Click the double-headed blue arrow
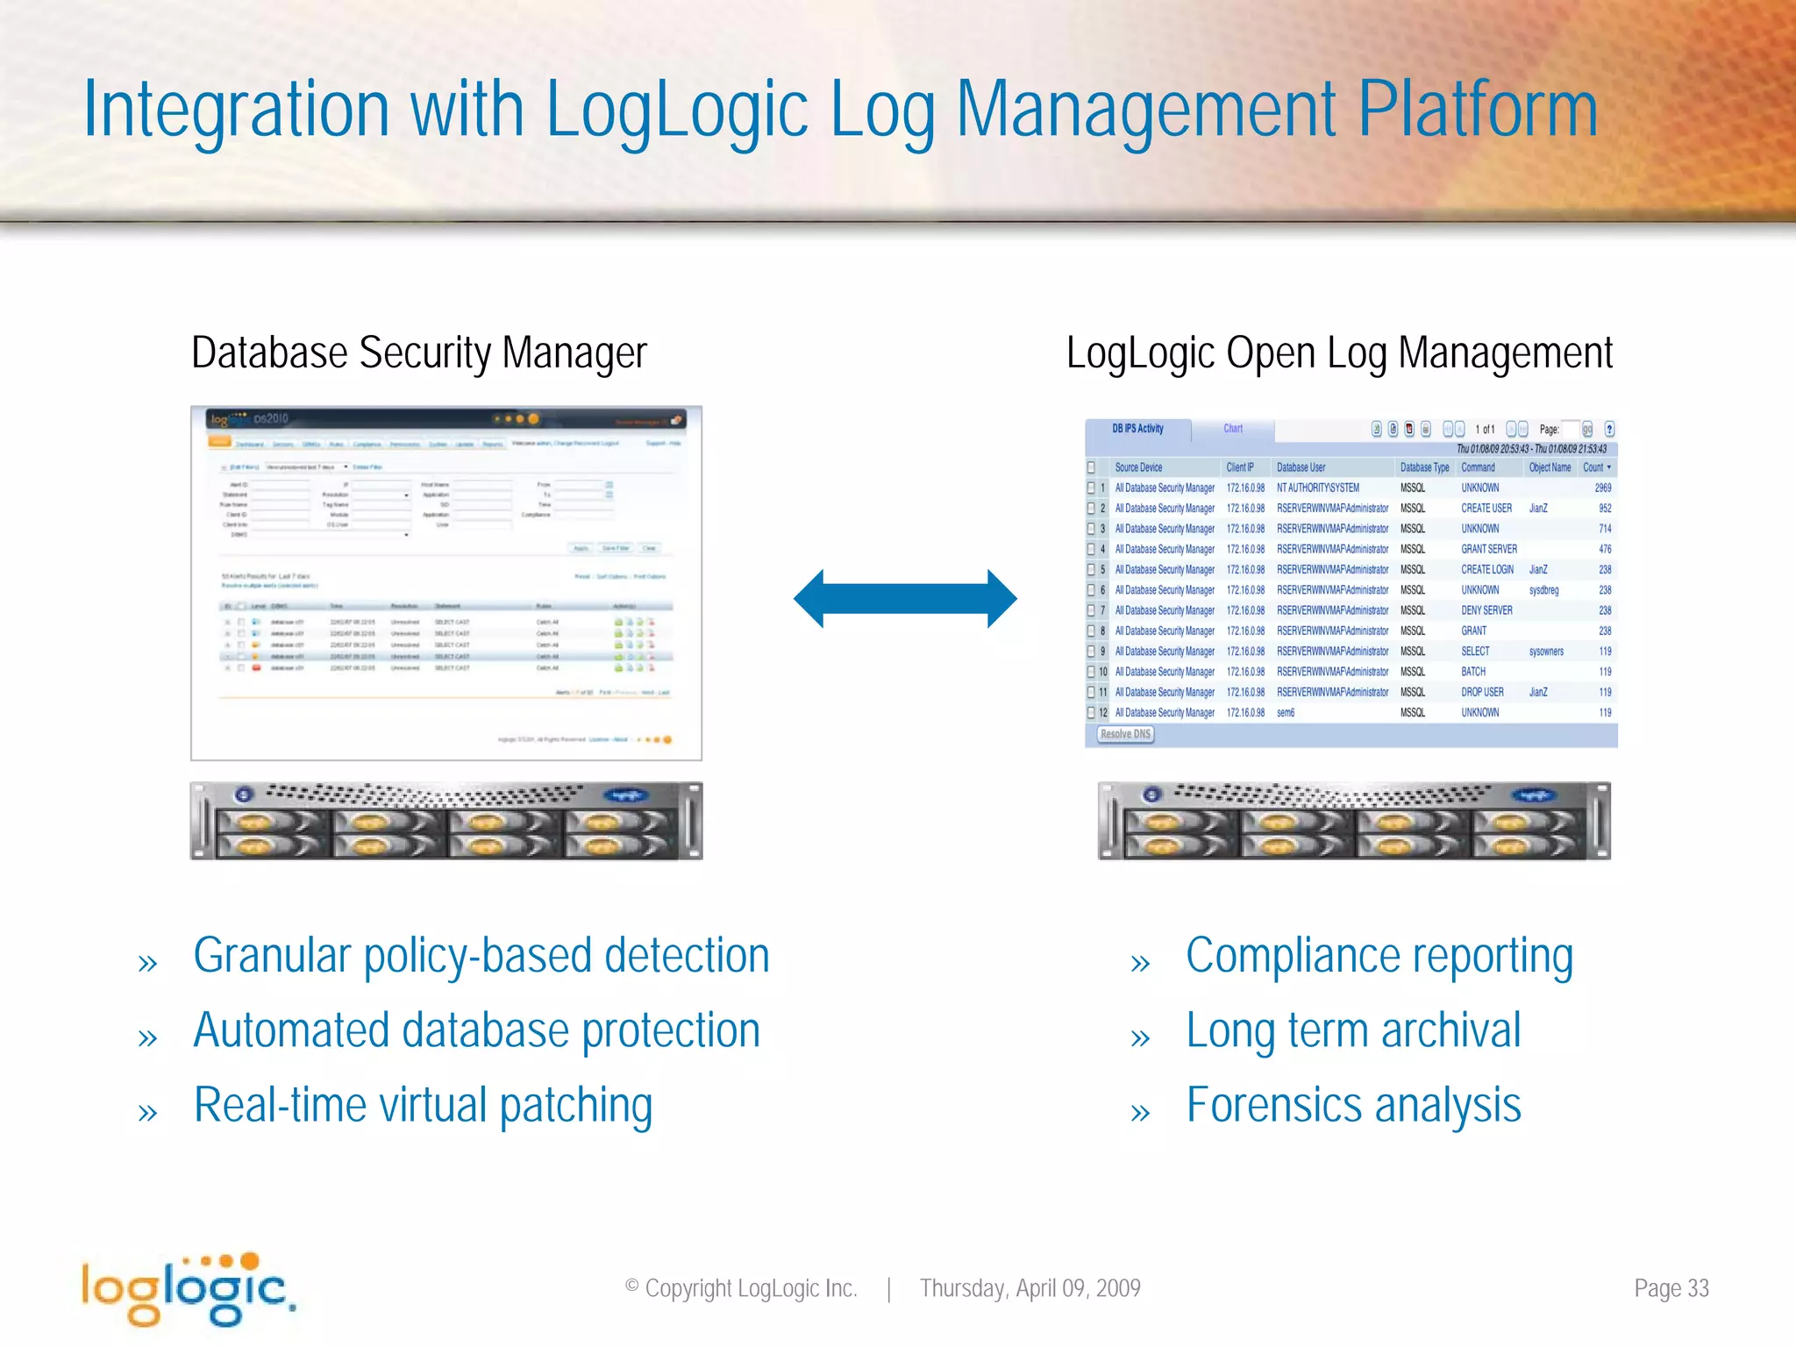905,599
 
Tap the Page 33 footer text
1671,1288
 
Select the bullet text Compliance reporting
1379,956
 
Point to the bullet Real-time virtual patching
423,1105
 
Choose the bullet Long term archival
1352,1030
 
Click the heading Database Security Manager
418,353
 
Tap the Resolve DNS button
1125,734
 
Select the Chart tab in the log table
1232,429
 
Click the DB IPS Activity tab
1137,429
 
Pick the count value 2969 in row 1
1602,488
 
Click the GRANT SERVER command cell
1488,549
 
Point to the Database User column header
1301,467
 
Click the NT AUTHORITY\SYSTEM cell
1317,488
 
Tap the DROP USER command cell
1482,692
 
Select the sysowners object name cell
1546,652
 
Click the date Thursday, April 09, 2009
1030,1288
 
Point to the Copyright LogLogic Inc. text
741,1288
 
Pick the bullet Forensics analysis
1352,1105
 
